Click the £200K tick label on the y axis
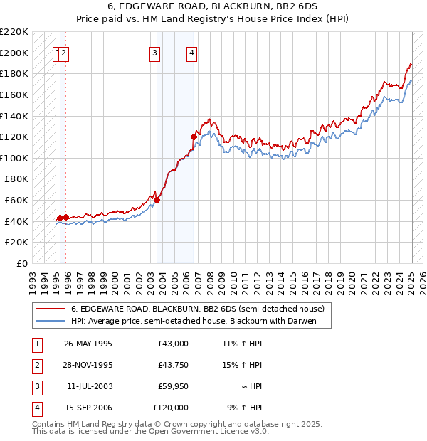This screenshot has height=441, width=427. [x=14, y=53]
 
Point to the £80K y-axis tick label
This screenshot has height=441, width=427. [x=16, y=179]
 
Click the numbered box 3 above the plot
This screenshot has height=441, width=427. [x=154, y=52]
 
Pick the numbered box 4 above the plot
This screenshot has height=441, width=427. [x=192, y=52]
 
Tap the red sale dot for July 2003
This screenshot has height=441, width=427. [x=157, y=200]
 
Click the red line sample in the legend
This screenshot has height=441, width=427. [x=50, y=309]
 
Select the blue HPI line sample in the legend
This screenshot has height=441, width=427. [x=50, y=321]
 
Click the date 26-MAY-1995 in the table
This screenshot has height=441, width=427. [x=88, y=344]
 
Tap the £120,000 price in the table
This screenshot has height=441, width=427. [x=171, y=408]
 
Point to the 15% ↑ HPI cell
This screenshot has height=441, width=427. [x=242, y=365]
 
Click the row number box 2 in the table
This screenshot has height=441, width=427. [x=36, y=365]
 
